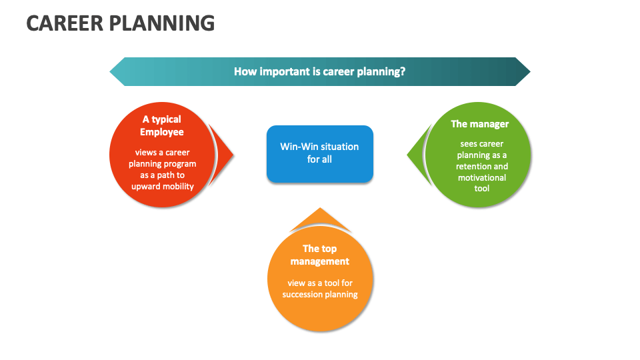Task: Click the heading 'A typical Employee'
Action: [x=161, y=125]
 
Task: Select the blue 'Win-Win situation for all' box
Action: [x=319, y=153]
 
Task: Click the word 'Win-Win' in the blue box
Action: [x=298, y=147]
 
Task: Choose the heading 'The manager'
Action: [x=479, y=124]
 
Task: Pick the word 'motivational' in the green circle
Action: [x=482, y=177]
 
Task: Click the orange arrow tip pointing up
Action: [x=320, y=210]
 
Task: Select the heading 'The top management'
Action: [x=320, y=255]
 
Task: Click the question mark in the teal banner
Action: [x=403, y=71]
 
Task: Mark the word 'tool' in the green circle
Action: [x=481, y=189]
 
